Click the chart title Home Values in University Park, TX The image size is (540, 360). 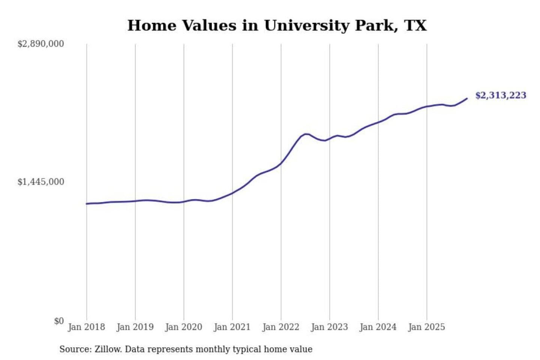pyautogui.click(x=277, y=25)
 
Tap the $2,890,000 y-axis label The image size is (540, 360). pyautogui.click(x=40, y=44)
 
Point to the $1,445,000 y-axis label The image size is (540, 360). pyautogui.click(x=40, y=182)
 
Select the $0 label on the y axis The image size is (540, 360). pyautogui.click(x=59, y=321)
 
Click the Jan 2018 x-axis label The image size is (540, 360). pyautogui.click(x=86, y=327)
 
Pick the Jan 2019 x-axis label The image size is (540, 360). pyautogui.click(x=135, y=327)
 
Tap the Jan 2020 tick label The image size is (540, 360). pyautogui.click(x=183, y=327)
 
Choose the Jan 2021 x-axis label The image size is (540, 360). pyautogui.click(x=232, y=327)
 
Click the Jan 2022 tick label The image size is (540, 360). pyautogui.click(x=280, y=327)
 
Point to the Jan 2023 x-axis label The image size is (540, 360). pyautogui.click(x=329, y=327)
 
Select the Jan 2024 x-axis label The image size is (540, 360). pyautogui.click(x=378, y=327)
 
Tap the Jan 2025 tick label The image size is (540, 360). pyautogui.click(x=426, y=327)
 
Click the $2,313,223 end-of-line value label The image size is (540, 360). pyautogui.click(x=501, y=95)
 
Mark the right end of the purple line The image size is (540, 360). pyautogui.click(x=467, y=99)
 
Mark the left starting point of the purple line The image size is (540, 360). pyautogui.click(x=87, y=204)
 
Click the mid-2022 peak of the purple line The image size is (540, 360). pyautogui.click(x=306, y=134)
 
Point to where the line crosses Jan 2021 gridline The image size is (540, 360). pyautogui.click(x=232, y=193)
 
